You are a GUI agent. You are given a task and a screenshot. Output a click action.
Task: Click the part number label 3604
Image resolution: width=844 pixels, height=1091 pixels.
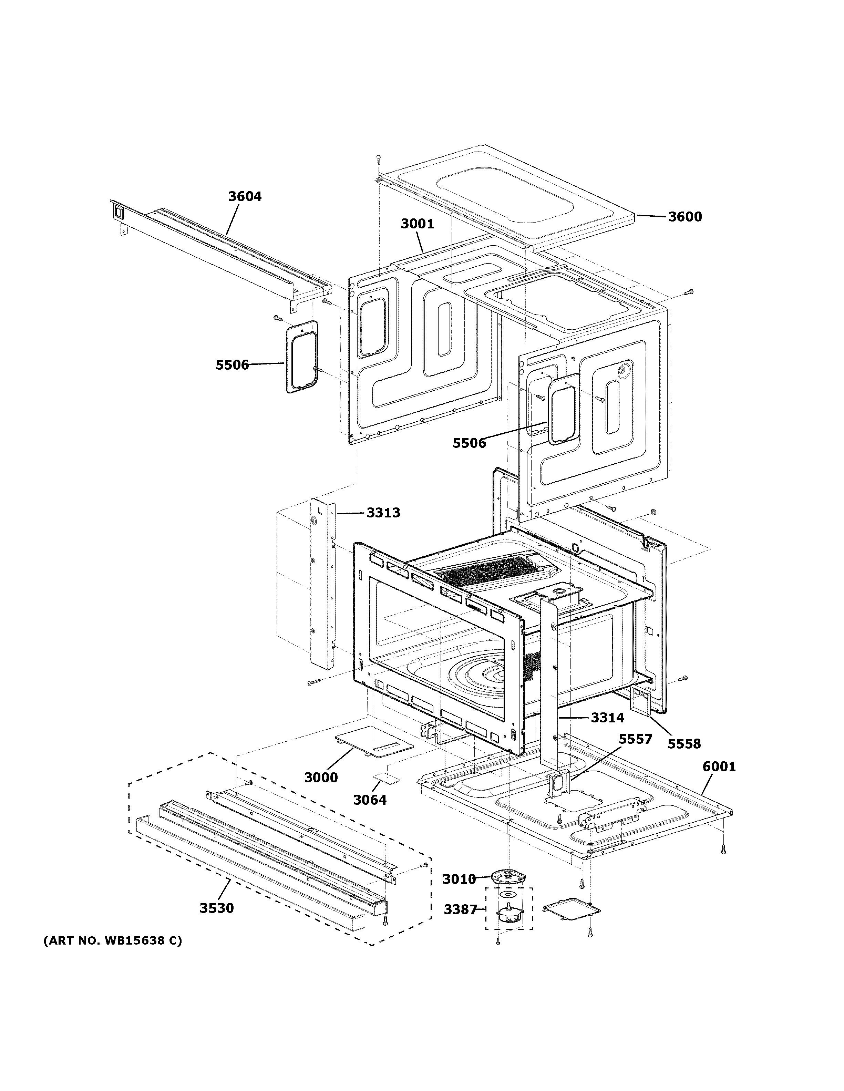(245, 197)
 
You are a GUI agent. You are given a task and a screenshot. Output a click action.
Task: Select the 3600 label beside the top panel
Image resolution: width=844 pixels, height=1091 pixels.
(685, 217)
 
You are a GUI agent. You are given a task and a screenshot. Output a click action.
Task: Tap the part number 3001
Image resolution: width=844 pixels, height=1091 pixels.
(417, 224)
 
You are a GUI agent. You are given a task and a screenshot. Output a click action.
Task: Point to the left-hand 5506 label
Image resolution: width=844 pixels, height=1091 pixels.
(232, 365)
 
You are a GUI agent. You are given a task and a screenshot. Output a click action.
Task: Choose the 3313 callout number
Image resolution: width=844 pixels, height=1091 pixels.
(383, 513)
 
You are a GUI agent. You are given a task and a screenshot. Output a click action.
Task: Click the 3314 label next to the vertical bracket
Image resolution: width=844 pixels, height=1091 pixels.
(607, 718)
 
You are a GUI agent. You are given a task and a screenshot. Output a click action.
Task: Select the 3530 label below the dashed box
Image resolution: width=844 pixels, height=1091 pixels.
(217, 908)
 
